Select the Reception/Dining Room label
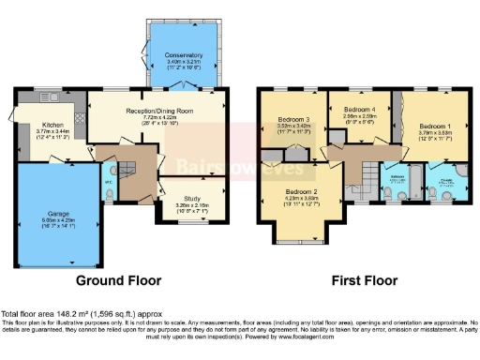coord(159,110)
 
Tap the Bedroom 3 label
coord(294,121)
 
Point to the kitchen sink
coord(49,97)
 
